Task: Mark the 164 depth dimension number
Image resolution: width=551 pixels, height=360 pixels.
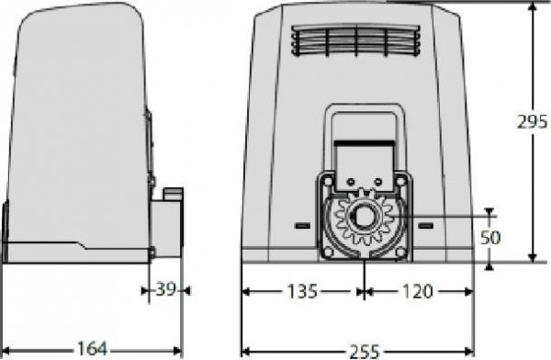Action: pyautogui.click(x=91, y=349)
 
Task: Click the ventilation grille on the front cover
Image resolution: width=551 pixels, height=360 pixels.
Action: pyautogui.click(x=355, y=40)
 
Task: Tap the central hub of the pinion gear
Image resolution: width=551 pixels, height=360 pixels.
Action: pyautogui.click(x=365, y=220)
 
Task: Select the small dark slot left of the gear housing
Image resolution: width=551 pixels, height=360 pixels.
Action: pyautogui.click(x=301, y=225)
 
